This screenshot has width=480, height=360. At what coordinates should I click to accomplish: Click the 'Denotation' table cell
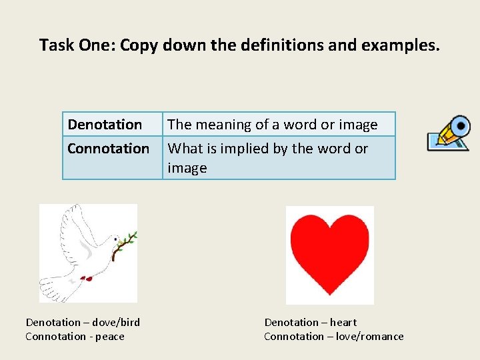[105, 125]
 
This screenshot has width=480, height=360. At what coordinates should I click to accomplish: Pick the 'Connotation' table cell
[109, 149]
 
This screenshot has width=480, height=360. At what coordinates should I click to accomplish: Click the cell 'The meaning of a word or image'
[273, 125]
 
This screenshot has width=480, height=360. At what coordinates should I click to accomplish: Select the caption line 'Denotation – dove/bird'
[83, 323]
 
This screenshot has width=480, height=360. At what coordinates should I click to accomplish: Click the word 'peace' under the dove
[110, 337]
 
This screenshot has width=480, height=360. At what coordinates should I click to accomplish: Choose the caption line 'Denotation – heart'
[311, 323]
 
